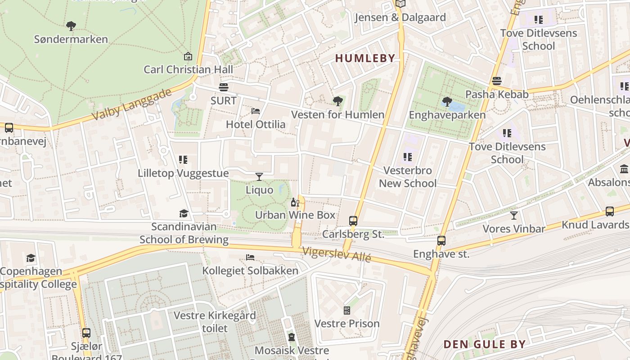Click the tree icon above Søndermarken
pos(71,26)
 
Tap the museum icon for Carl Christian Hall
pos(188,56)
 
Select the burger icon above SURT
pos(224,87)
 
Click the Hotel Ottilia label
pos(256,124)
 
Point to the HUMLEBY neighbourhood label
pos(365,58)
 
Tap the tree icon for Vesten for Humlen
pos(337,101)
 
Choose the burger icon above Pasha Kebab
pos(497,81)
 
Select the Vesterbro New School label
pos(408,177)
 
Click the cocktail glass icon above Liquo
pos(259,176)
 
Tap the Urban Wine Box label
pos(295,215)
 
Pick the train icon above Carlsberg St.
pos(353,221)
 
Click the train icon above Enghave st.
pos(441,241)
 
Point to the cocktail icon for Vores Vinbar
pos(513,216)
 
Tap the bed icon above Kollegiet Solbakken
pos(250,257)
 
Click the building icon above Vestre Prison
pos(346,310)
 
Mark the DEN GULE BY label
pos(484,344)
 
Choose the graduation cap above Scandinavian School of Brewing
pos(184,213)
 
